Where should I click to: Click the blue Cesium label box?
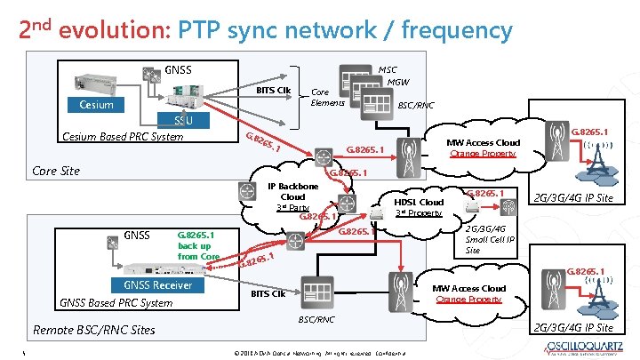(x=96, y=105)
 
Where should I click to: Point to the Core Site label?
(x=56, y=171)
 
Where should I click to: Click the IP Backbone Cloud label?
(x=293, y=196)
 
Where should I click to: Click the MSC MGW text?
(x=388, y=76)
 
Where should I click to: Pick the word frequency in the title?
(x=457, y=30)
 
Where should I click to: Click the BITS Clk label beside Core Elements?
(x=273, y=91)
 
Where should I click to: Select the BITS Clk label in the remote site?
(x=268, y=292)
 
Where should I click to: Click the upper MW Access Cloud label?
(x=483, y=142)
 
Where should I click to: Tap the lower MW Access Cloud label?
(x=468, y=288)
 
